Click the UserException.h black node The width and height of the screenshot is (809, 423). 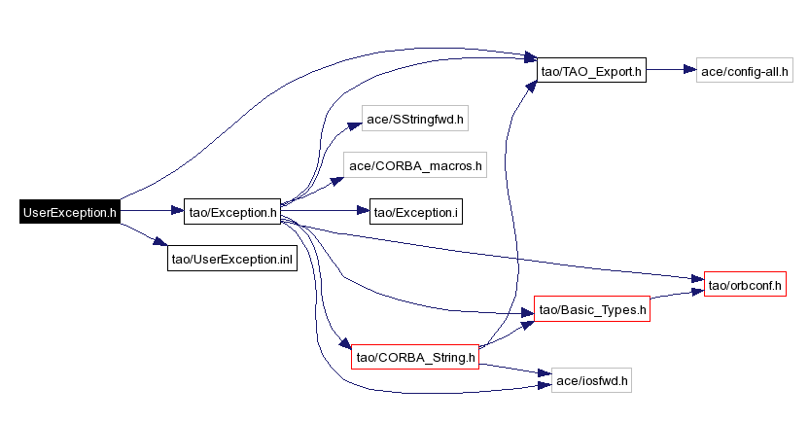pyautogui.click(x=69, y=211)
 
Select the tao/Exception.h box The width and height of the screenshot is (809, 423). pyautogui.click(x=231, y=211)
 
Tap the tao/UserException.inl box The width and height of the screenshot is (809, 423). pyautogui.click(x=231, y=258)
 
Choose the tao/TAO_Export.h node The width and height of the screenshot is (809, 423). pyautogui.click(x=592, y=70)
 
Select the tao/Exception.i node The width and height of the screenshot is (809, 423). pyautogui.click(x=415, y=211)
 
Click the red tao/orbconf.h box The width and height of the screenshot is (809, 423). pyautogui.click(x=744, y=285)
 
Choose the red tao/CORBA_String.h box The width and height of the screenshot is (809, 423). pyautogui.click(x=415, y=357)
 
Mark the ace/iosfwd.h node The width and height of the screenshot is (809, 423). pyautogui.click(x=591, y=379)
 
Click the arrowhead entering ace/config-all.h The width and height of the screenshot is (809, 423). pyautogui.click(x=690, y=70)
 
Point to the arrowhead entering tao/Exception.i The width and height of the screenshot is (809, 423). pyautogui.click(x=363, y=211)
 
